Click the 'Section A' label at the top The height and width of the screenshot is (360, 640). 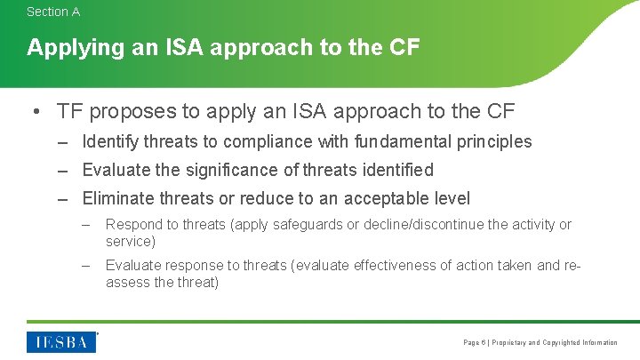pyautogui.click(x=53, y=12)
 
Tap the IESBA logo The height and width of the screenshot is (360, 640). pyautogui.click(x=61, y=342)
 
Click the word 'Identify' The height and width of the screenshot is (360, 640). pyautogui.click(x=110, y=141)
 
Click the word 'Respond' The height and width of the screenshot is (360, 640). pyautogui.click(x=133, y=225)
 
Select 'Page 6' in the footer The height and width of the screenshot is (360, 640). pyautogui.click(x=475, y=342)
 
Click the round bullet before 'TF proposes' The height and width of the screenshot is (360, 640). pyautogui.click(x=34, y=111)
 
